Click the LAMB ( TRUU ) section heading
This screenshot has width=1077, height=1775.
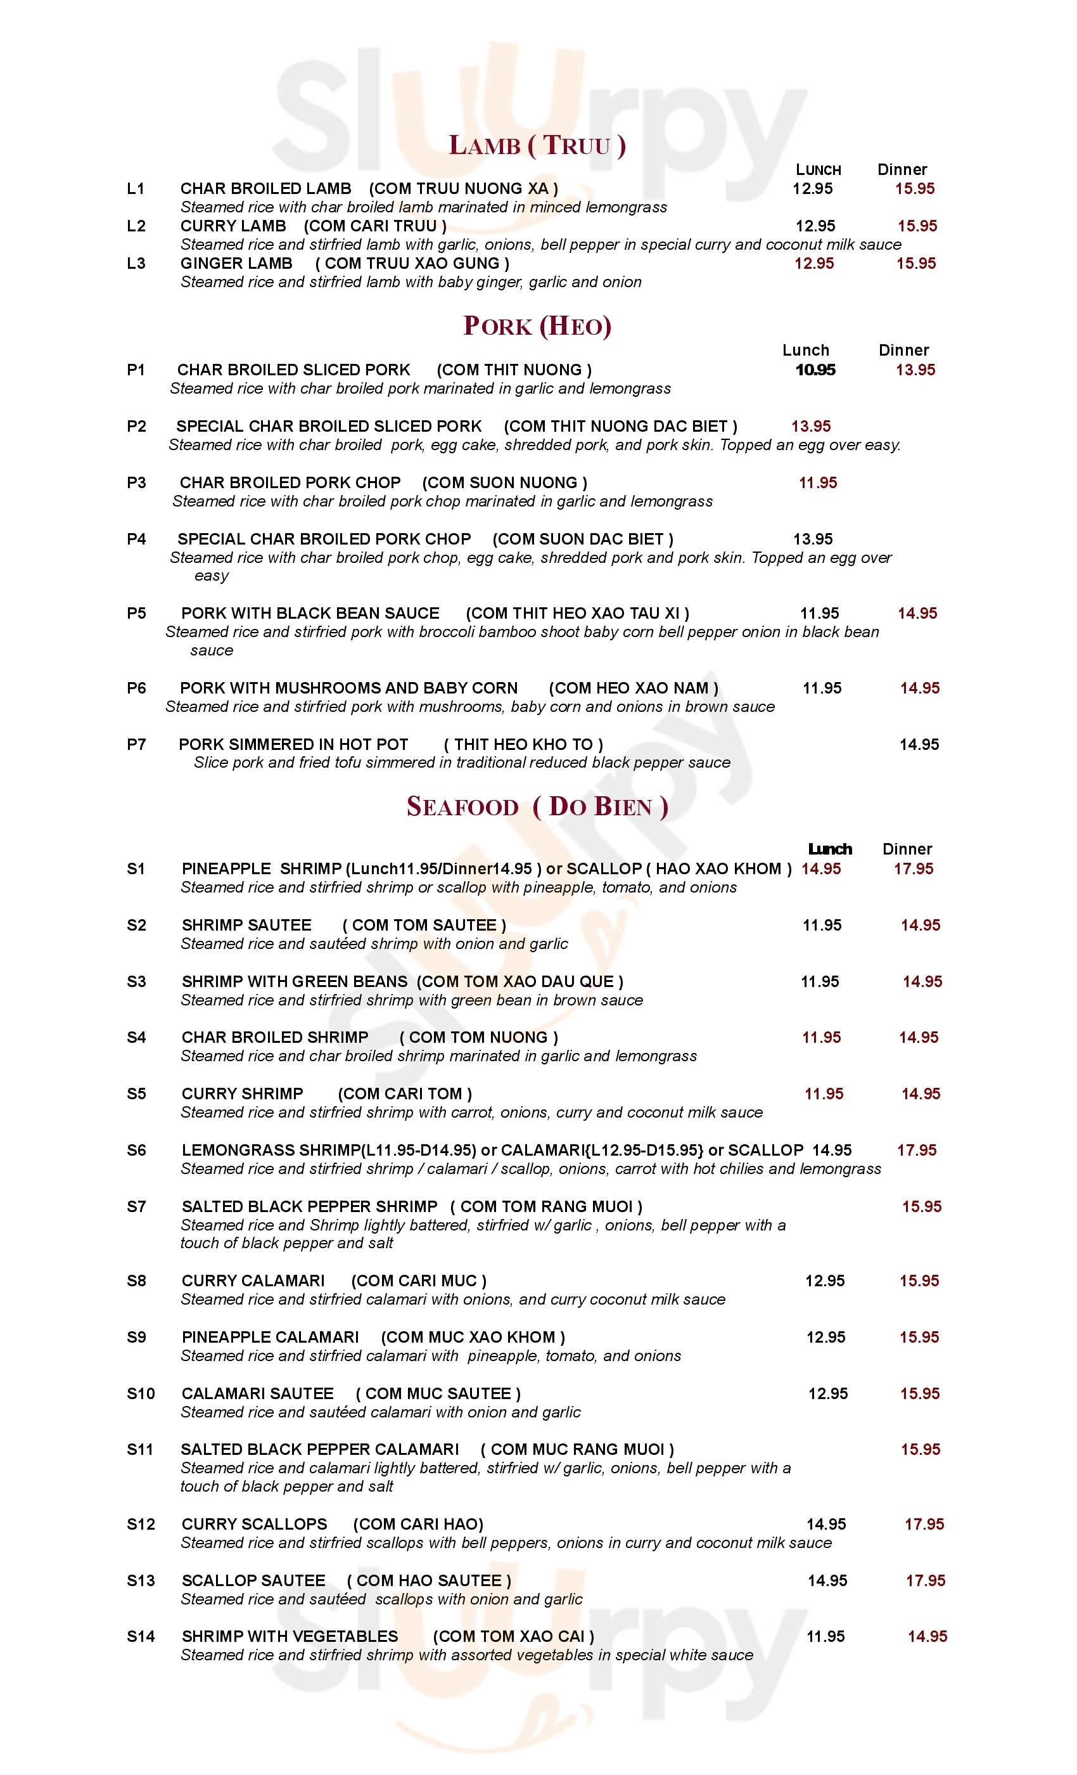[537, 146]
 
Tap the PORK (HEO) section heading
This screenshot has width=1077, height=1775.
[537, 326]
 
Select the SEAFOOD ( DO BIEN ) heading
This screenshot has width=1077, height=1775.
[537, 806]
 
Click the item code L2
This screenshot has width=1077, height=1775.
[136, 226]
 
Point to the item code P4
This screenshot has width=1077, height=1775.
[136, 539]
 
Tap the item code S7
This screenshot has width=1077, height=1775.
[136, 1206]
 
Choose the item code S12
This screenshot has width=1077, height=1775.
[141, 1525]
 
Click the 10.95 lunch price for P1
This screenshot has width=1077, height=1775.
[815, 370]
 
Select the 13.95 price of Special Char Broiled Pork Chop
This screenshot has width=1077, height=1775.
[813, 539]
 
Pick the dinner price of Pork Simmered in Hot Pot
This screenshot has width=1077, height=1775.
[919, 745]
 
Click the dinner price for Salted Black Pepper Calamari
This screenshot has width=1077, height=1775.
[920, 1449]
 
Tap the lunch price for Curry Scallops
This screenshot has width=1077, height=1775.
[825, 1525]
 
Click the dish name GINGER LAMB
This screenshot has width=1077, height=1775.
[236, 264]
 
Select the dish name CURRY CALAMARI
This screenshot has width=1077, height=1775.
[253, 1281]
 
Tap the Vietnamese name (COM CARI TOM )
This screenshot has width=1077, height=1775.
[405, 1094]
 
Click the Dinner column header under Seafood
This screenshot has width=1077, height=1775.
[907, 849]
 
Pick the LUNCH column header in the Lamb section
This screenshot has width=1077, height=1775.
[818, 170]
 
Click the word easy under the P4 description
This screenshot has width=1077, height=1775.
[212, 576]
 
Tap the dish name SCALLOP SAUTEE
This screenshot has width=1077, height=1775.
[253, 1580]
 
